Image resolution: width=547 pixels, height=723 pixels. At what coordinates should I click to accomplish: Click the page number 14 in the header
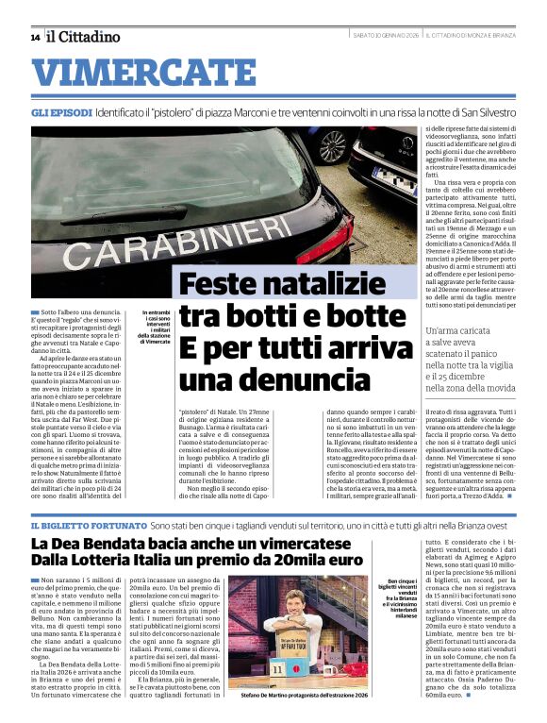(x=35, y=38)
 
